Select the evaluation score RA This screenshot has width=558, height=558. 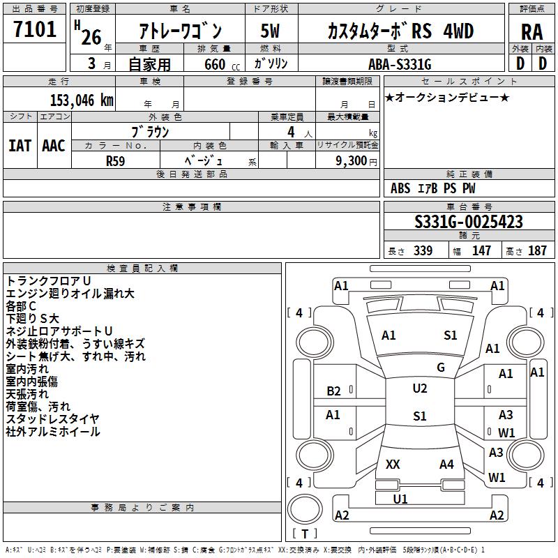coord(531,32)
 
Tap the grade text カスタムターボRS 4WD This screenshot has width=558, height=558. coord(400,31)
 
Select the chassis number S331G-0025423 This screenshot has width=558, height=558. coord(469,223)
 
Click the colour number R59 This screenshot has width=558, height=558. coord(115,160)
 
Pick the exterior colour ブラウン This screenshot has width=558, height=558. coord(151,131)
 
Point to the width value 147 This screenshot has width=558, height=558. coord(481,251)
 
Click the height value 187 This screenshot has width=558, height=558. coord(537,251)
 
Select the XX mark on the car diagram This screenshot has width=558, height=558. coord(393,464)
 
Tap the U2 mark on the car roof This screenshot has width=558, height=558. coord(419,389)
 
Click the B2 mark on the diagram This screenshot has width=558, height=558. coord(334,391)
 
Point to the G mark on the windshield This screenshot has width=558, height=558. coord(441,368)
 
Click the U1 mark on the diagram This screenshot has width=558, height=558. coord(400,499)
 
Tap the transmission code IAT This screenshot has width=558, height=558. coord(20,145)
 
